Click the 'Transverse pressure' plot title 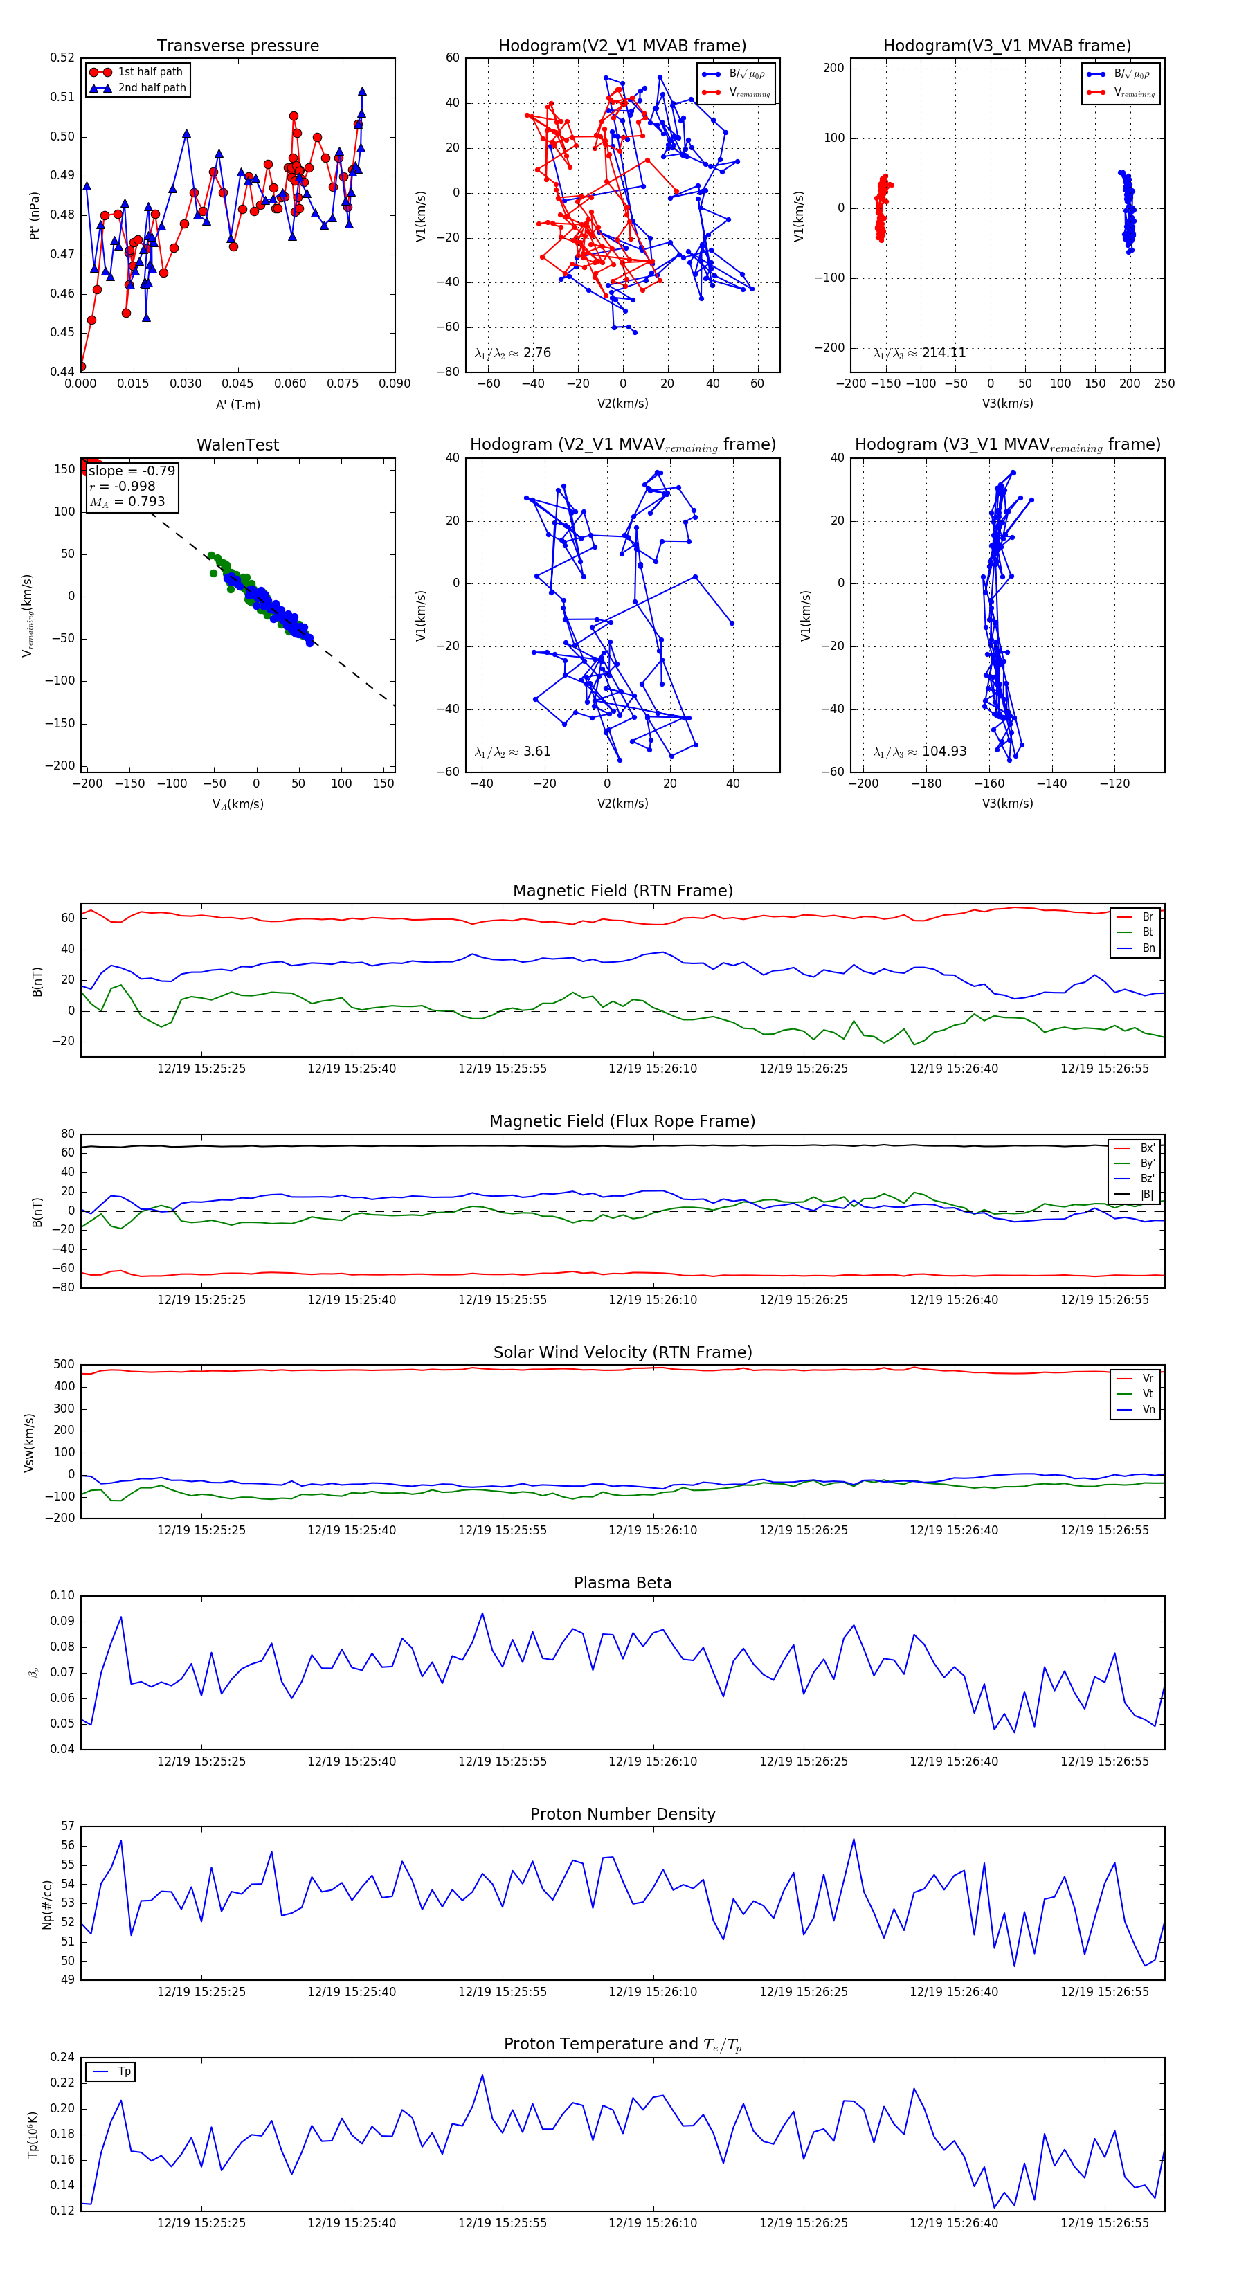click(x=237, y=46)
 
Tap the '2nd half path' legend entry click(x=152, y=88)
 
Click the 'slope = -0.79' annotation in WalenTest click(x=132, y=471)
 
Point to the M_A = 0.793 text click(x=127, y=502)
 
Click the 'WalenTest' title click(x=237, y=445)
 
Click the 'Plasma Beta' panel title click(x=622, y=1583)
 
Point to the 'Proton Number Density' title click(x=622, y=1813)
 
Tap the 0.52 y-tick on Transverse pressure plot click(x=62, y=57)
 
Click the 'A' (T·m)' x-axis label click(x=237, y=404)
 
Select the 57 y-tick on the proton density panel click(x=69, y=1826)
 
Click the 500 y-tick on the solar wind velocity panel click(x=64, y=1365)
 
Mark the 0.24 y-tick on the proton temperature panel click(x=62, y=2056)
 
